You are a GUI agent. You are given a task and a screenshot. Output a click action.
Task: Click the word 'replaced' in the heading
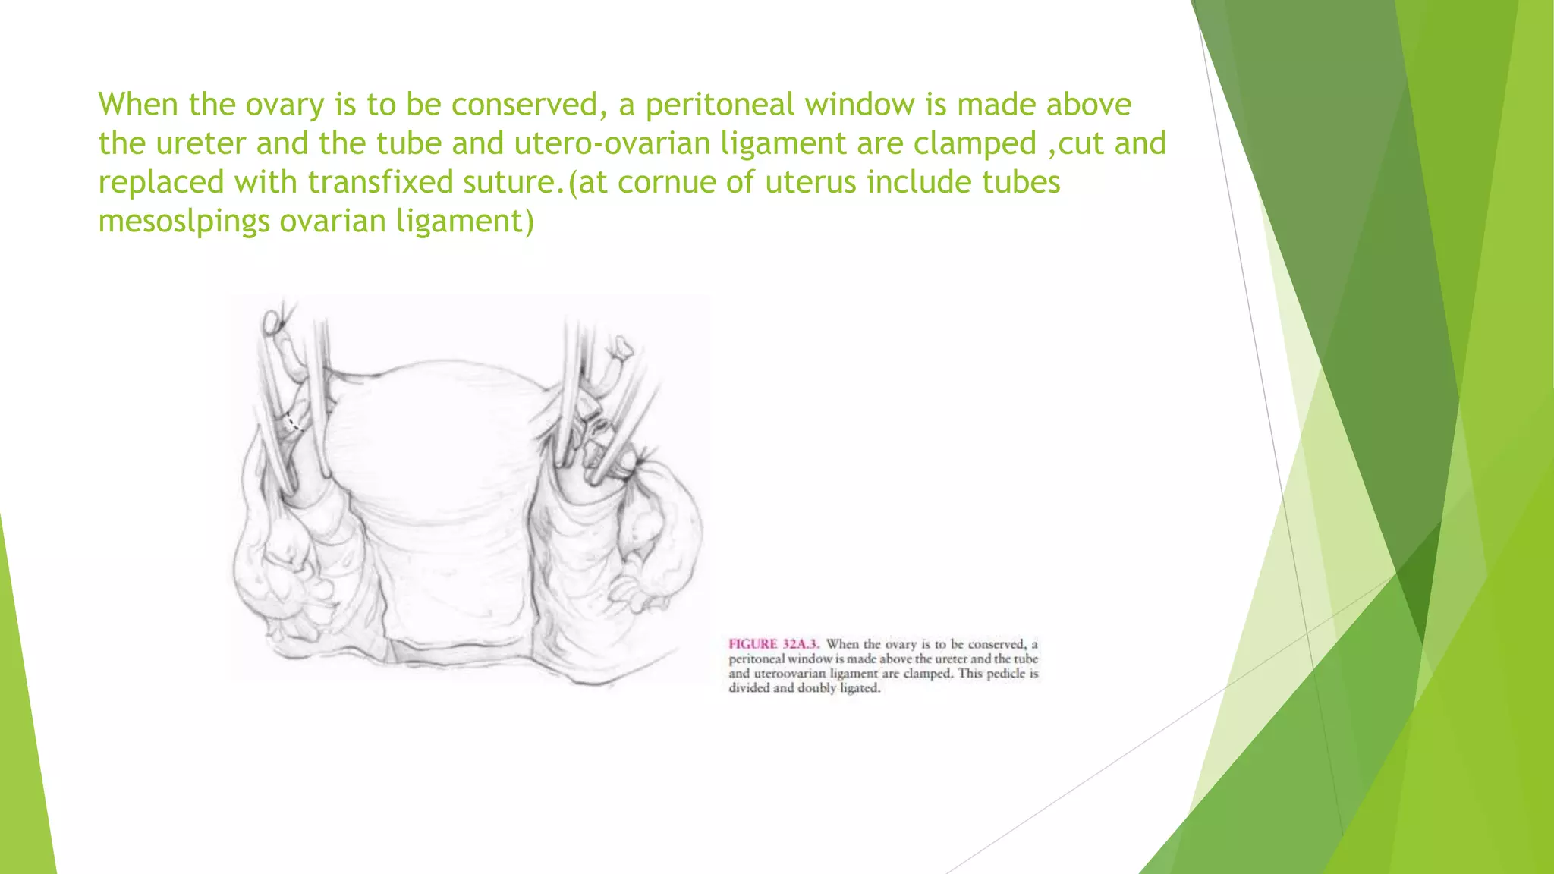click(161, 183)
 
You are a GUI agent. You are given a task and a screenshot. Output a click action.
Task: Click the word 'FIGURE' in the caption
click(753, 644)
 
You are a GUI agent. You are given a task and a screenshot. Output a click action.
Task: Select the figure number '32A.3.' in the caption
click(801, 644)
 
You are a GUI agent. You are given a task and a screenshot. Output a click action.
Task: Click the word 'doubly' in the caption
click(816, 688)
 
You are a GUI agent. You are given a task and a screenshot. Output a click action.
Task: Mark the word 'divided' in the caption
click(749, 688)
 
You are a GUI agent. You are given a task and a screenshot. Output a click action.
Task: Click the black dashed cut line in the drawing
click(293, 422)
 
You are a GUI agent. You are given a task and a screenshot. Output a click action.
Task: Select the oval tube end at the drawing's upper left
click(271, 325)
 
